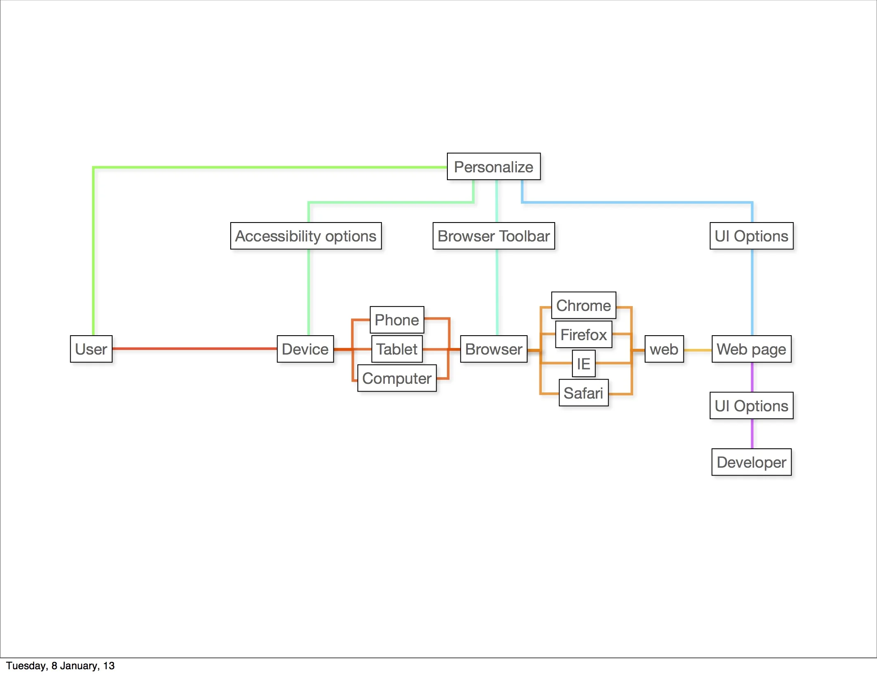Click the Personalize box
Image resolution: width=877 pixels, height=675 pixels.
pos(493,167)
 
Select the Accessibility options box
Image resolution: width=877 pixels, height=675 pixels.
pos(305,236)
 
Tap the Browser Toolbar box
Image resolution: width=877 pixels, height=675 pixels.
pos(493,236)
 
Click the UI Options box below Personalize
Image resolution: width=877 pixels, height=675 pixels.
pos(751,236)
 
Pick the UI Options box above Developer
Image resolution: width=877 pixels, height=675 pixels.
pos(751,406)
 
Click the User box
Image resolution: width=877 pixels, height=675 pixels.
pos(91,349)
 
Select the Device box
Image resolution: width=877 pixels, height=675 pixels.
pos(305,349)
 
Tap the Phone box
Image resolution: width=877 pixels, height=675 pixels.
pos(397,320)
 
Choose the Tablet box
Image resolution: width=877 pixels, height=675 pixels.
pos(397,349)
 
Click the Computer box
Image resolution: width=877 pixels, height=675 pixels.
pos(397,378)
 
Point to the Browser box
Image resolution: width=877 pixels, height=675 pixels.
pos(493,349)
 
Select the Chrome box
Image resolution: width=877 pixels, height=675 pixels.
pos(583,305)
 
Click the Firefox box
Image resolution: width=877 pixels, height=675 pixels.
pos(583,334)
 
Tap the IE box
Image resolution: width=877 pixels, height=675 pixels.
pos(583,364)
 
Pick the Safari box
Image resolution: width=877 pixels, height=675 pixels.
pos(583,393)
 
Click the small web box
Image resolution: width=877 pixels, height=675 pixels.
pos(664,349)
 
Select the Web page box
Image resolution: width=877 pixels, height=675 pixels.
pos(751,349)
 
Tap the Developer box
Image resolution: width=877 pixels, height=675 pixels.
pos(751,462)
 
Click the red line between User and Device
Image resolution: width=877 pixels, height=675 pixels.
pos(194,348)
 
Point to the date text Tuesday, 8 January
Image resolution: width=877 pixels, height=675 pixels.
pos(60,666)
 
